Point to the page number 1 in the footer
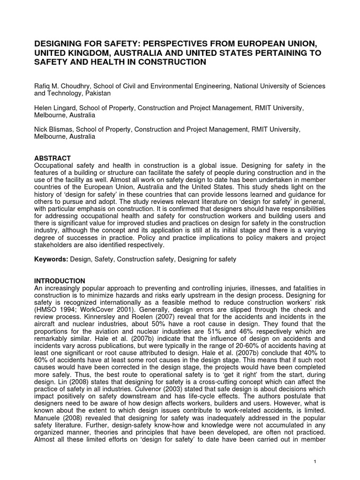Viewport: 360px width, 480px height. (x=315, y=462)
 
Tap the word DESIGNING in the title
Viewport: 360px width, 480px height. (x=61, y=44)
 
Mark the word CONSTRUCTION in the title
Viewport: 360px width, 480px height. (x=165, y=62)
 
